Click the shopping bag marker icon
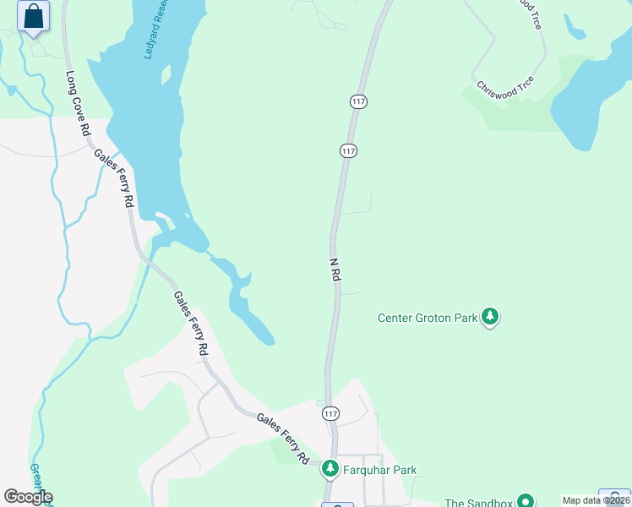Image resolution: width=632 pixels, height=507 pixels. click(x=33, y=17)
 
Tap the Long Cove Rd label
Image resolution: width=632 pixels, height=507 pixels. click(x=77, y=104)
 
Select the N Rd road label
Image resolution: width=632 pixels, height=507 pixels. click(x=335, y=268)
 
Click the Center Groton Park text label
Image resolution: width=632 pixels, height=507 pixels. click(x=427, y=319)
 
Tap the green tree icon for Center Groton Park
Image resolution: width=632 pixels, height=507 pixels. click(x=490, y=318)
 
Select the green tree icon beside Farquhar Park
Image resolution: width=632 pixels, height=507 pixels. click(x=331, y=469)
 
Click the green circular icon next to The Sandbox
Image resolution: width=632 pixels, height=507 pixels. click(x=526, y=501)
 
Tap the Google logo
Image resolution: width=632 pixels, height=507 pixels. click(x=28, y=497)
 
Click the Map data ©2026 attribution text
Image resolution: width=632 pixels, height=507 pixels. click(x=597, y=500)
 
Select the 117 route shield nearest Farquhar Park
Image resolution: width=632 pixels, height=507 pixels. click(x=330, y=414)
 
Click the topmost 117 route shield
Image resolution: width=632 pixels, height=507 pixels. click(x=358, y=101)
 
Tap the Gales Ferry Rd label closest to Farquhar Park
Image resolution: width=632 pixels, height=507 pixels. click(x=282, y=438)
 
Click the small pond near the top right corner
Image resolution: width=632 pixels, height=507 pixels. click(x=575, y=29)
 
